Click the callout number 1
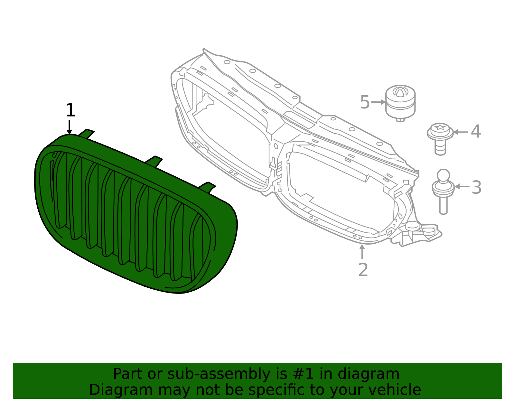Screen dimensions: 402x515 pyautogui.click(x=70, y=110)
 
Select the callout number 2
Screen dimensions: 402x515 pyautogui.click(x=363, y=270)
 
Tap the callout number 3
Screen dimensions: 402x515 pyautogui.click(x=476, y=187)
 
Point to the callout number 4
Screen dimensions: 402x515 pyautogui.click(x=476, y=131)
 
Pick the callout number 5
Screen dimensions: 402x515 pyautogui.click(x=365, y=102)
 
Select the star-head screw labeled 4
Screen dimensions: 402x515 pyautogui.click(x=440, y=138)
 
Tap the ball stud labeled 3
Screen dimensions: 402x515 pyautogui.click(x=443, y=192)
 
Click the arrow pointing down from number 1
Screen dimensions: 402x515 pyautogui.click(x=69, y=127)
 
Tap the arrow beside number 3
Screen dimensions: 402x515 pyautogui.click(x=462, y=186)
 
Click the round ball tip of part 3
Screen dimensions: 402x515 pyautogui.click(x=444, y=175)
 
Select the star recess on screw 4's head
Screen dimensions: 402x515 pyautogui.click(x=440, y=127)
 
